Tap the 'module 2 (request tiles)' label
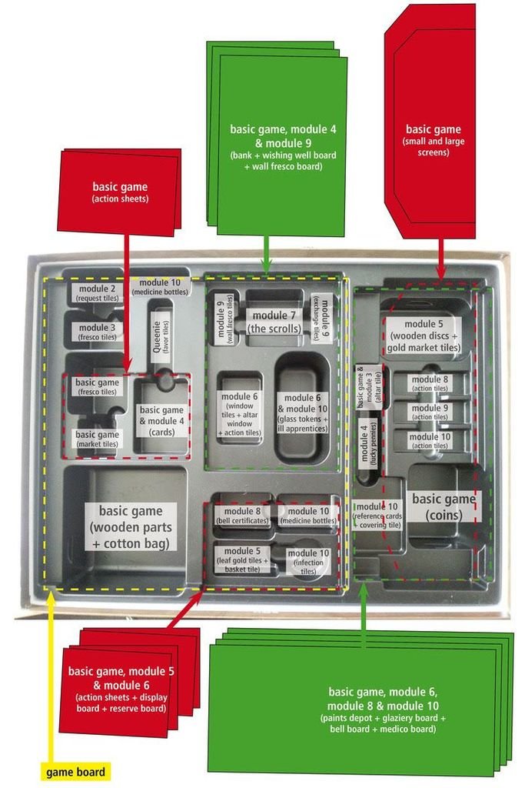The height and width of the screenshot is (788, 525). pyautogui.click(x=97, y=293)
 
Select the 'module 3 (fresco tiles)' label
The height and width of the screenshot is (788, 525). pyautogui.click(x=97, y=332)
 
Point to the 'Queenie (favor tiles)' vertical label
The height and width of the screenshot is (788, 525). pyautogui.click(x=161, y=336)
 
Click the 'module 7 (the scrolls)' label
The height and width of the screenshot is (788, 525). pyautogui.click(x=274, y=322)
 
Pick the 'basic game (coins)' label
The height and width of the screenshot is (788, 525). pyautogui.click(x=444, y=506)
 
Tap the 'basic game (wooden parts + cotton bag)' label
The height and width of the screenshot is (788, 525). pyautogui.click(x=131, y=527)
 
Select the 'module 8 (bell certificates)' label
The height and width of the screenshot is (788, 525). pyautogui.click(x=242, y=516)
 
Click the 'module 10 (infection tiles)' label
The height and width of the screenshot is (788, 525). pyautogui.click(x=308, y=561)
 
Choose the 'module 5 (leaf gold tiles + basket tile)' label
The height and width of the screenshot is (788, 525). pyautogui.click(x=242, y=559)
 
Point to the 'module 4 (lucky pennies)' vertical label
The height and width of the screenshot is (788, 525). pyautogui.click(x=368, y=444)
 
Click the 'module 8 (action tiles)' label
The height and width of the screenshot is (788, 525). pyautogui.click(x=430, y=383)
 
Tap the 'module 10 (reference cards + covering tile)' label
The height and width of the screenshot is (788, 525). pyautogui.click(x=377, y=515)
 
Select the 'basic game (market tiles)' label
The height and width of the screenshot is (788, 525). pyautogui.click(x=98, y=439)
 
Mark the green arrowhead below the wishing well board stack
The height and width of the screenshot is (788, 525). pyautogui.click(x=267, y=265)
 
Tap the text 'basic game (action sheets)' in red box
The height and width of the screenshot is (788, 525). pyautogui.click(x=120, y=192)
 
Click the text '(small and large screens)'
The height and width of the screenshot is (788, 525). pyautogui.click(x=434, y=147)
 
